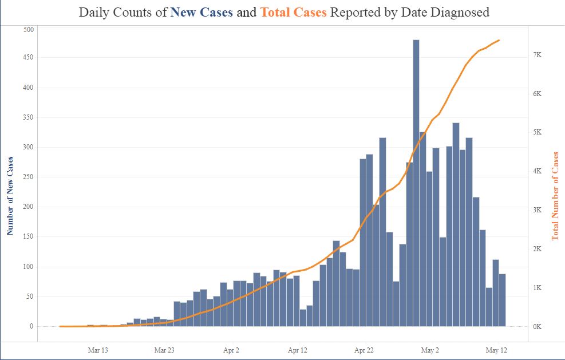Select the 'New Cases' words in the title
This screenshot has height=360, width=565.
click(x=201, y=12)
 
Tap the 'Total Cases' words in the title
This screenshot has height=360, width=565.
click(x=293, y=12)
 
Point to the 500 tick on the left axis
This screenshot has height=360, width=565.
click(x=27, y=29)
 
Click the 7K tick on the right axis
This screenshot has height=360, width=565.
click(x=536, y=55)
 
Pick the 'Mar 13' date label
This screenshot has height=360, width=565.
click(x=97, y=350)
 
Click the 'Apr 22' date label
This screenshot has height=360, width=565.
click(x=364, y=350)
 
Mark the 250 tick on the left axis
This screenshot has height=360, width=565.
click(x=27, y=177)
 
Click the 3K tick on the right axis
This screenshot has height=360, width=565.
click(x=536, y=210)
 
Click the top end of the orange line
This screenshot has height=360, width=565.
click(x=499, y=40)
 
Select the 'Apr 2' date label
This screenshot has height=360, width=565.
click(x=231, y=350)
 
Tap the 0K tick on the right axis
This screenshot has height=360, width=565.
click(x=536, y=326)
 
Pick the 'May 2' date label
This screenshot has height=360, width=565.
click(x=430, y=350)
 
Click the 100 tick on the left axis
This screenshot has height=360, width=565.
click(x=27, y=267)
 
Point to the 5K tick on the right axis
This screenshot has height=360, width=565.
click(x=536, y=132)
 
